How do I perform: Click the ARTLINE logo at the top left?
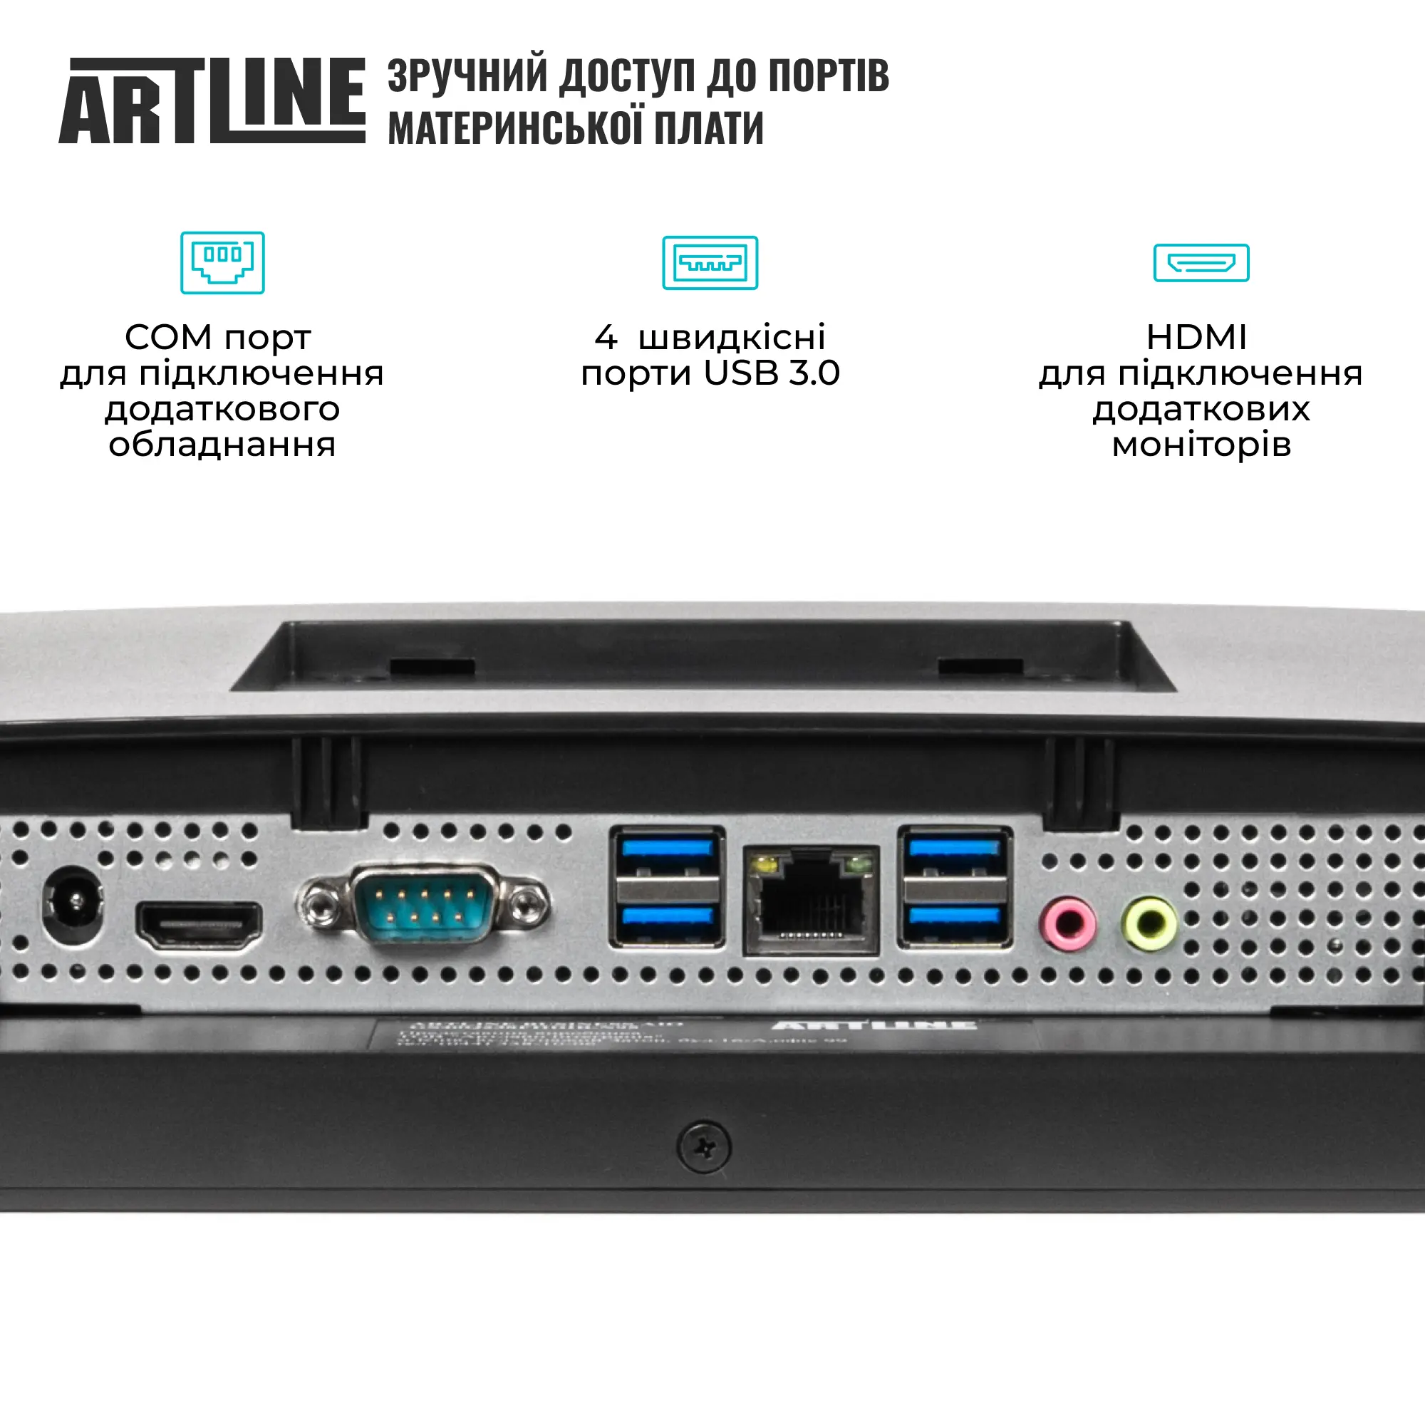tap(212, 100)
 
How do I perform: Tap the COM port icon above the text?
tap(222, 263)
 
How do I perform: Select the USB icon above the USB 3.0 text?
tap(710, 263)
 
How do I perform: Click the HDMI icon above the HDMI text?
tap(1201, 263)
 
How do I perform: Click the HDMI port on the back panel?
tap(198, 926)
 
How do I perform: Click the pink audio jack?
tap(1067, 923)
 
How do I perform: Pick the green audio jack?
tap(1149, 923)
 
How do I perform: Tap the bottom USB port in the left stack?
tap(667, 919)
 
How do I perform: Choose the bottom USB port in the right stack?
tap(955, 919)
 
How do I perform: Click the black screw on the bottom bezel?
tap(705, 1148)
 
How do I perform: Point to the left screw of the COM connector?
tap(318, 905)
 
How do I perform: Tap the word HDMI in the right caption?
tap(1196, 338)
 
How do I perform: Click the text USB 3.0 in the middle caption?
tap(772, 373)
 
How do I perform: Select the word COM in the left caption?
tap(168, 338)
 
